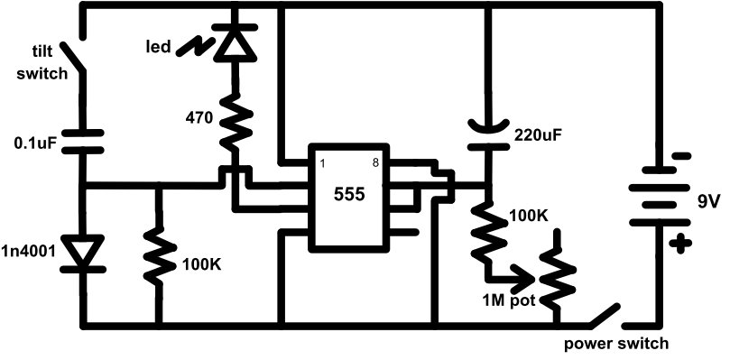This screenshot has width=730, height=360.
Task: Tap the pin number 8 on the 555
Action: point(374,163)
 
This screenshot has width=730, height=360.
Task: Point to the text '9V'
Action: point(707,201)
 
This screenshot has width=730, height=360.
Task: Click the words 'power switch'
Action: point(616,343)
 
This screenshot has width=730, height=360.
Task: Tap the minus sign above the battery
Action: point(682,155)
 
